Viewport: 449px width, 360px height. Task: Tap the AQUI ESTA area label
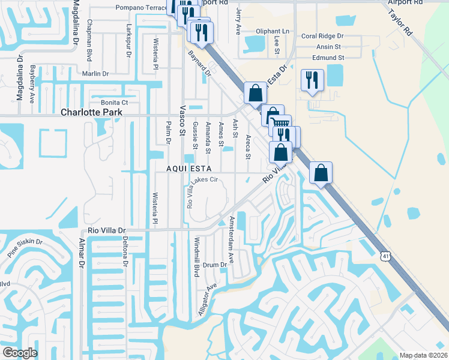coord(188,169)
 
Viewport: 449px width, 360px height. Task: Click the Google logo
coord(20,352)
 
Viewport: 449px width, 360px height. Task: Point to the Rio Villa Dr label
coord(107,230)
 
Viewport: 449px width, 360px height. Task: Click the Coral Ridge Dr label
coord(325,36)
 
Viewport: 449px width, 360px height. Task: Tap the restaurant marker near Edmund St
coord(312,80)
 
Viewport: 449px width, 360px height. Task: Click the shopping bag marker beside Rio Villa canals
coord(321,173)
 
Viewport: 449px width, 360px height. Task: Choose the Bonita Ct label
coord(111,103)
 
